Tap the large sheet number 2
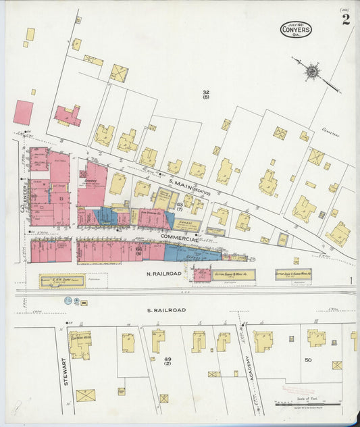(x=346, y=20)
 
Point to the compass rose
(x=312, y=70)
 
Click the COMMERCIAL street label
(x=179, y=239)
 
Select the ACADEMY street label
(x=248, y=368)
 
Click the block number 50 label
(x=307, y=360)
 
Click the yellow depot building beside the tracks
(x=62, y=280)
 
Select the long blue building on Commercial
(x=192, y=253)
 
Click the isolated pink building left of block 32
(x=22, y=112)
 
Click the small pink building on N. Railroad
(x=201, y=274)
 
